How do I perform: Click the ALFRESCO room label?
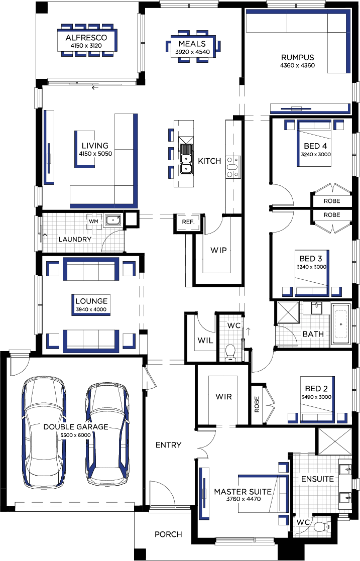coord(86,38)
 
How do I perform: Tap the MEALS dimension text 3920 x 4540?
coord(192,52)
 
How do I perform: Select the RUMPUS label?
coord(297,57)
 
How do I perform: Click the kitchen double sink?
coord(186,159)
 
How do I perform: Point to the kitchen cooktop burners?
coord(233,167)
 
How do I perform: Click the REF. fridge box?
coord(188,222)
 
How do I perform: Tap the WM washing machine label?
coord(93,221)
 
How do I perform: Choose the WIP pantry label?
coord(218,250)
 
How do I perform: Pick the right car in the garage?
coord(107,435)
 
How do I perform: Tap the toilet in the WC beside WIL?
coord(230,351)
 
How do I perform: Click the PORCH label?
coord(168,534)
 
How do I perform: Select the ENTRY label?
coord(168,444)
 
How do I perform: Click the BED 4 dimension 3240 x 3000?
coord(316,155)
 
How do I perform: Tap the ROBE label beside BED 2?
coord(257,404)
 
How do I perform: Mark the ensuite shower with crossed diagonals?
coord(335,441)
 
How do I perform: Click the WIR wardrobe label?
coord(223,396)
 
